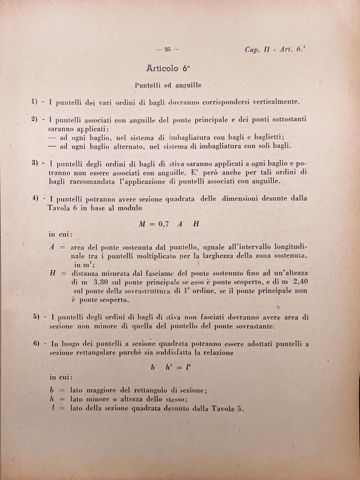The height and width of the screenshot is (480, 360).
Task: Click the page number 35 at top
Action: point(167,50)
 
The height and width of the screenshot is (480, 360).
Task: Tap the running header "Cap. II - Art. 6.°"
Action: point(275,49)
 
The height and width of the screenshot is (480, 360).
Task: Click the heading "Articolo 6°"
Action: point(168,68)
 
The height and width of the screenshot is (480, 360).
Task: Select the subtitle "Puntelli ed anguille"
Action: point(168,85)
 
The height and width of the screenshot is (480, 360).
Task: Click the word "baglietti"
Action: point(268,137)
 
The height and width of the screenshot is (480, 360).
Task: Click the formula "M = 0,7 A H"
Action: point(169,224)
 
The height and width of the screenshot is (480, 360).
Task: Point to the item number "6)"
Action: point(37,344)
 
